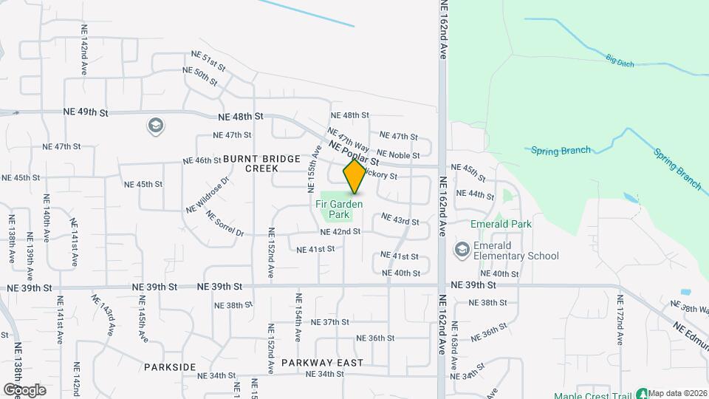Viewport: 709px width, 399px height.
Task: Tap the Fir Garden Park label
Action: pyautogui.click(x=339, y=209)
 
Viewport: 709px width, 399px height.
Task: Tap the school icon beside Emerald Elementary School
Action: pyautogui.click(x=462, y=250)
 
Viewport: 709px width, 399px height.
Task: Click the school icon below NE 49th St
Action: pyautogui.click(x=155, y=126)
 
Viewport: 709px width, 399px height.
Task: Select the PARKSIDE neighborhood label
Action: pyautogui.click(x=170, y=367)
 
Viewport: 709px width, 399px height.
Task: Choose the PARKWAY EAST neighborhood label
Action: pyautogui.click(x=322, y=363)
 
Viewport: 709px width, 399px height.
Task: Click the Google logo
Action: pyautogui.click(x=24, y=389)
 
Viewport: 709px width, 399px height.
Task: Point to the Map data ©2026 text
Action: pyautogui.click(x=678, y=393)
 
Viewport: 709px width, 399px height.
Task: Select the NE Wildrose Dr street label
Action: pyautogui.click(x=208, y=194)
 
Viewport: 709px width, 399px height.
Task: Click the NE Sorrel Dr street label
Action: pyautogui.click(x=225, y=225)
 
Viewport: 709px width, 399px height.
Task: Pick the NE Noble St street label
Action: pyautogui.click(x=398, y=155)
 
